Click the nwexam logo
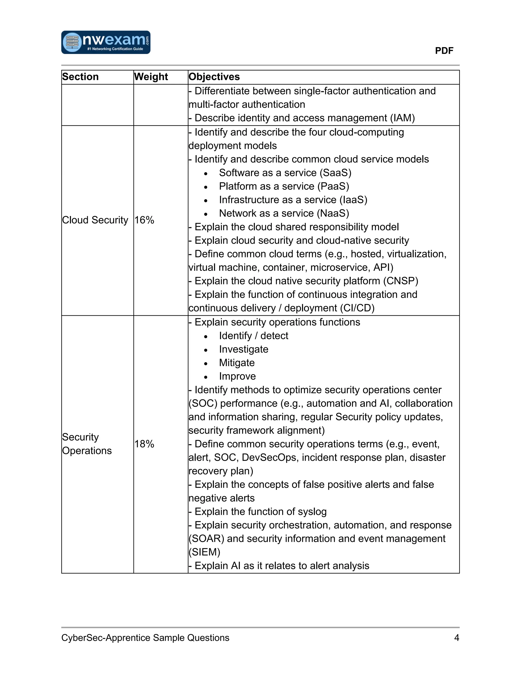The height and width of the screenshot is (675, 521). click(x=106, y=42)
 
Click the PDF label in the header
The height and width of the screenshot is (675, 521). click(x=444, y=51)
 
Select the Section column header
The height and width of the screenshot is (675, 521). click(x=80, y=77)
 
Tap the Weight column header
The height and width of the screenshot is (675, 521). click(x=151, y=77)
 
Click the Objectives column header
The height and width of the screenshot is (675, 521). click(x=214, y=77)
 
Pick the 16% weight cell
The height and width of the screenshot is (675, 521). click(x=144, y=220)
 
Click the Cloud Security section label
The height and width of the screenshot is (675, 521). click(x=95, y=220)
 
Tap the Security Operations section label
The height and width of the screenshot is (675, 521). click(x=87, y=444)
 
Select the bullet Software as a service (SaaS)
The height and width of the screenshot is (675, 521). click(x=285, y=173)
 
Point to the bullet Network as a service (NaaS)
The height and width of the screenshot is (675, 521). click(x=284, y=213)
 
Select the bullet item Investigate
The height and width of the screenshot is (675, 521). click(x=243, y=349)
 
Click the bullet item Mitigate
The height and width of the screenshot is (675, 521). click(x=237, y=363)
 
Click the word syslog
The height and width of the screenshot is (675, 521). click(x=312, y=511)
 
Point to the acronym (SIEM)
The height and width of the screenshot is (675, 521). click(x=204, y=552)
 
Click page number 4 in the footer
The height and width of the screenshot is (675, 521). click(x=456, y=638)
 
